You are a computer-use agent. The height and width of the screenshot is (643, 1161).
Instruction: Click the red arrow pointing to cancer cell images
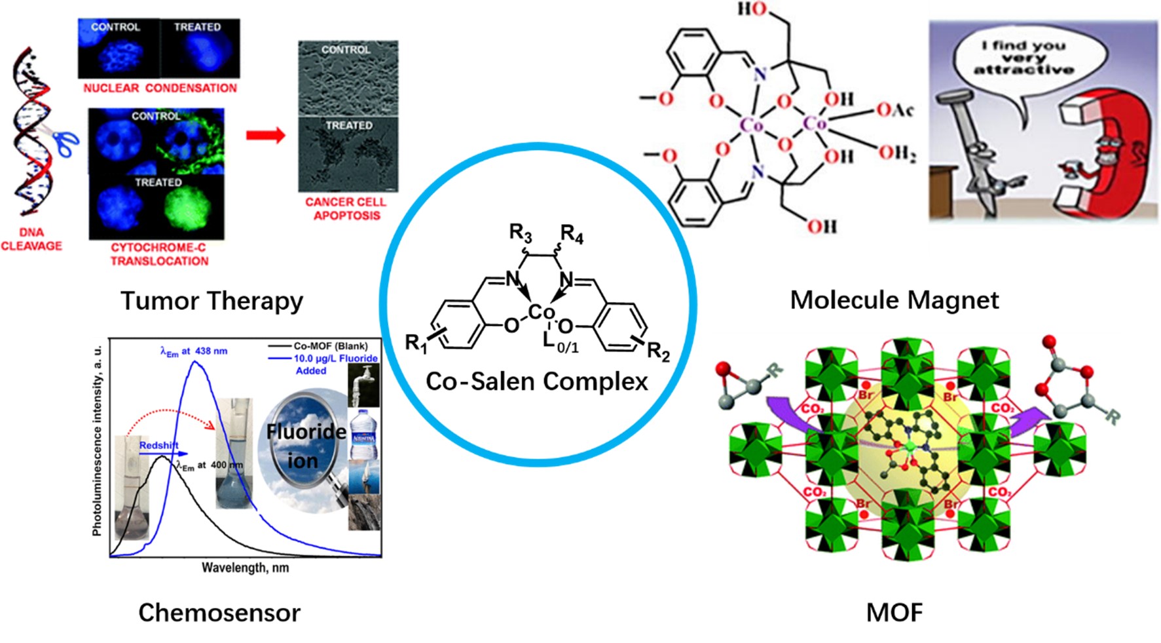(265, 136)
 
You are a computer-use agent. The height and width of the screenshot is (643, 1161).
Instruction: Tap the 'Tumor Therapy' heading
(212, 301)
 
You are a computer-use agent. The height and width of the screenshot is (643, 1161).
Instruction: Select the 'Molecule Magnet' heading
(894, 300)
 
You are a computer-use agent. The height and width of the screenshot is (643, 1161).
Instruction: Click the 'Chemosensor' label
(219, 612)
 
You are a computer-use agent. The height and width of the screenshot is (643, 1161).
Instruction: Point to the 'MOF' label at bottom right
(894, 612)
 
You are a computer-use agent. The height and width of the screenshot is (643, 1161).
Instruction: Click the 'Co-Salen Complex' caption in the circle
(536, 381)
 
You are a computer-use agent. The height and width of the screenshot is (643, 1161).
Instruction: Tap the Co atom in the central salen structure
(541, 312)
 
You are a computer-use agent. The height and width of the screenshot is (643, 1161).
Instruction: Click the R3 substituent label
(521, 232)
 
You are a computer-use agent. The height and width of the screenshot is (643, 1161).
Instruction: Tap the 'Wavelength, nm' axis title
(245, 568)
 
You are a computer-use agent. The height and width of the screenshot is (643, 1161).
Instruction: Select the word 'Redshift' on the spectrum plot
(158, 445)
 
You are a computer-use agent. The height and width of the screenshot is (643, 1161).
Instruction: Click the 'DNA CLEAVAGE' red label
(31, 239)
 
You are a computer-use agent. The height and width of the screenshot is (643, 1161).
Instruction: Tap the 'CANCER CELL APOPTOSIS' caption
(346, 208)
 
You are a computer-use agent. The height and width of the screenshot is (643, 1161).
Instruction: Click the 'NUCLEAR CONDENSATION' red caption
(160, 88)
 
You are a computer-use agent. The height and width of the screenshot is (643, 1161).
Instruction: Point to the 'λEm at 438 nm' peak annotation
(194, 351)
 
